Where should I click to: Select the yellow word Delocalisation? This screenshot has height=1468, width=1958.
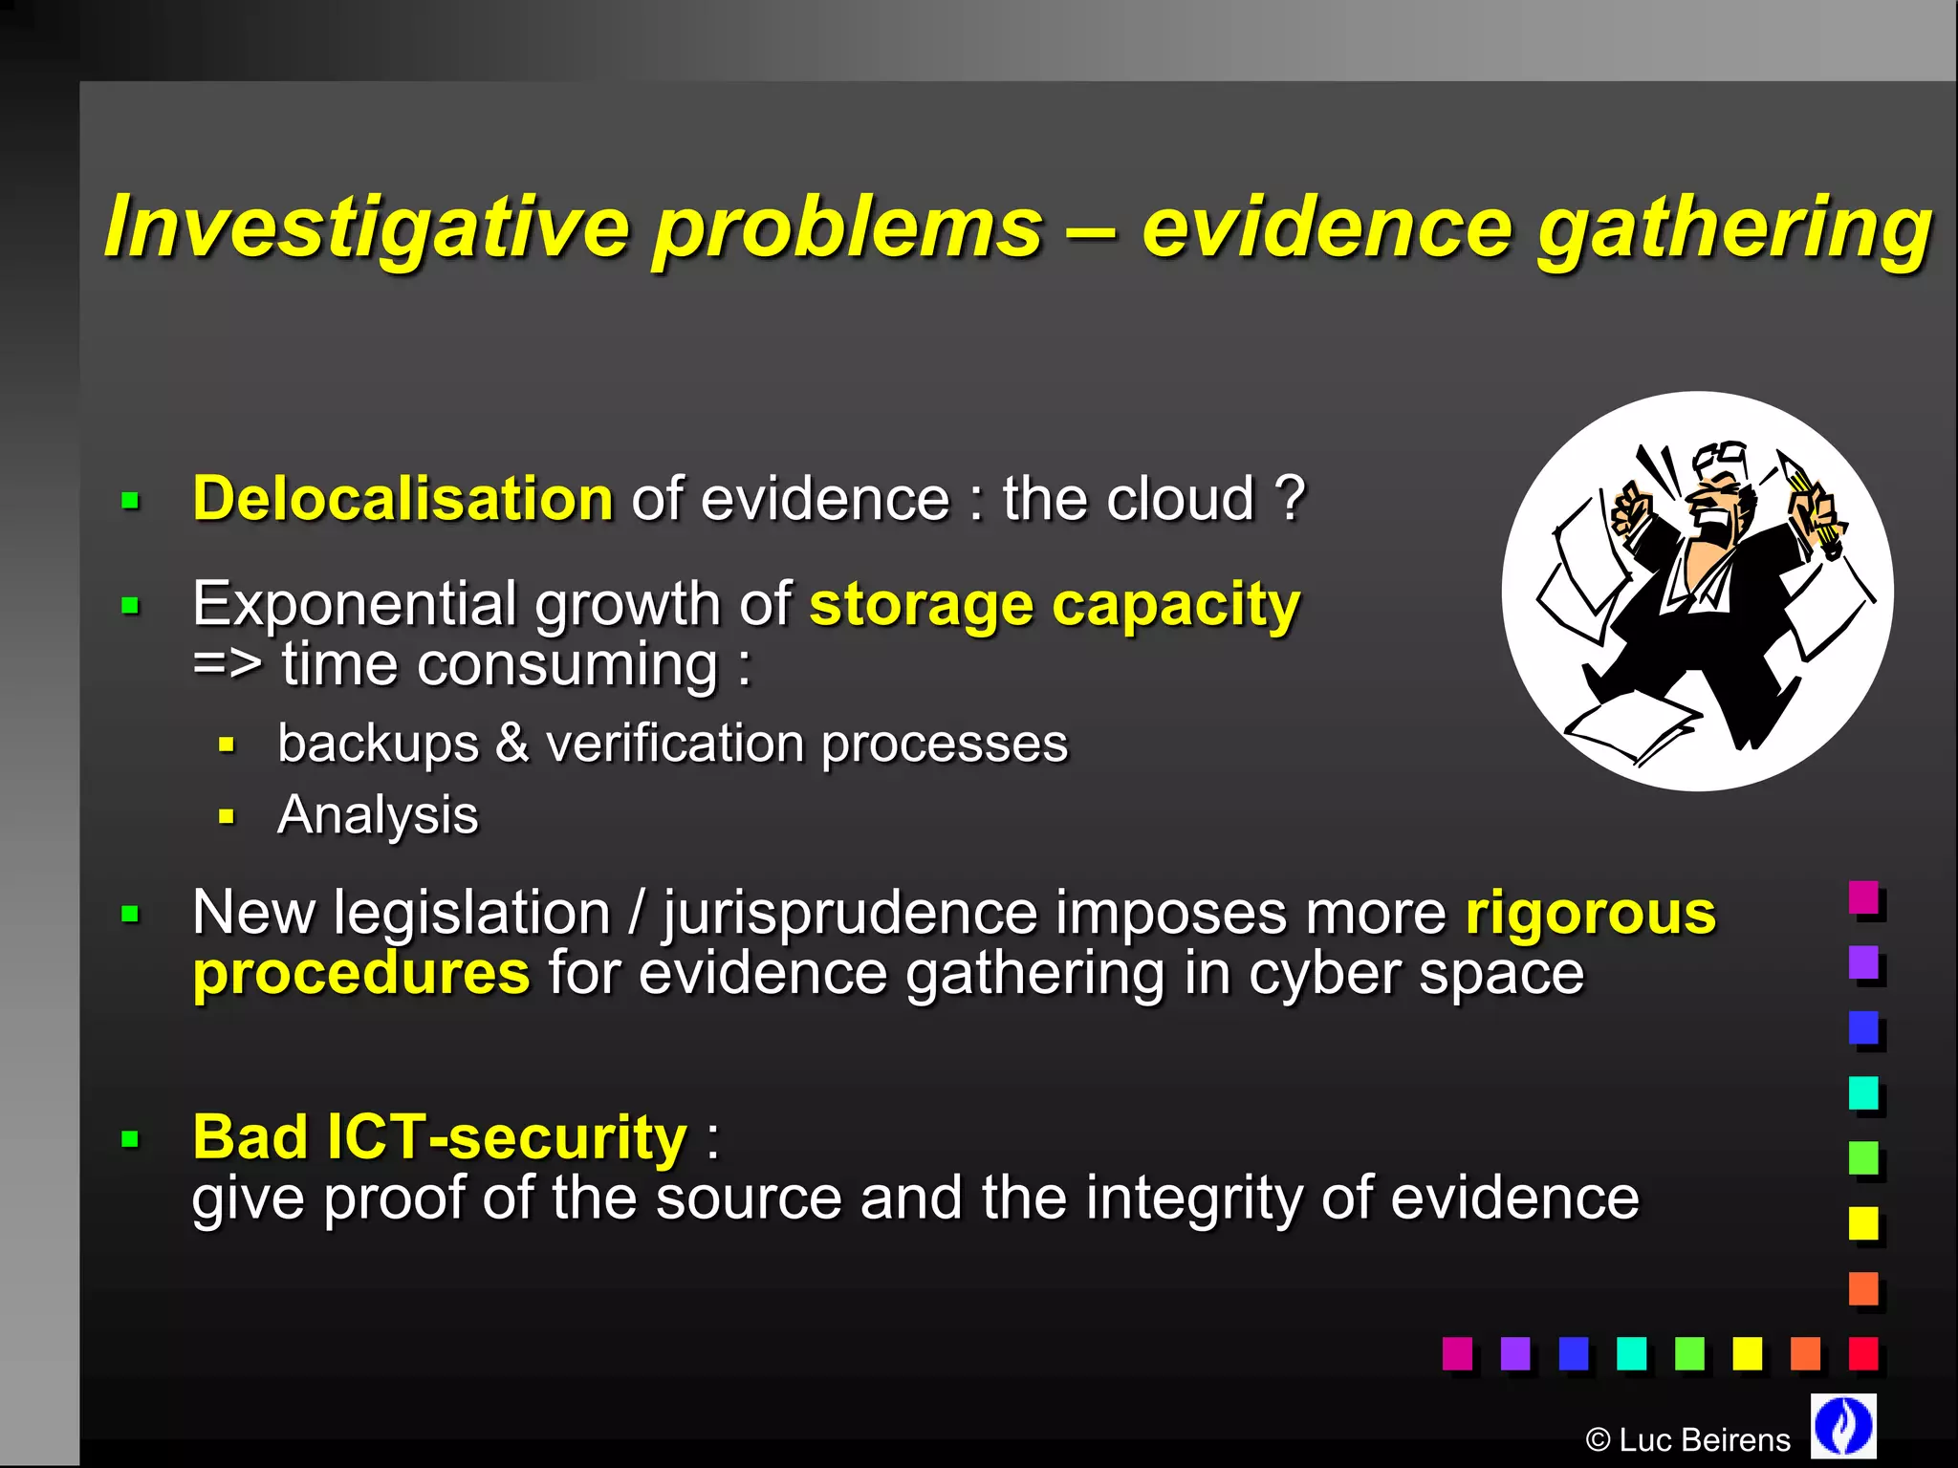[x=402, y=499]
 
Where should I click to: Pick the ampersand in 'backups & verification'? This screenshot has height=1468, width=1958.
[x=511, y=744]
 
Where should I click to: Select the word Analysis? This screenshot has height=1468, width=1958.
[x=378, y=815]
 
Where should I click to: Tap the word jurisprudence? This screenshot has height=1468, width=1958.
[x=850, y=913]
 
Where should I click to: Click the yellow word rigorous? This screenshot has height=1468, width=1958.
[x=1591, y=913]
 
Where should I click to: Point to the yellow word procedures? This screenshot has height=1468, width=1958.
[x=360, y=974]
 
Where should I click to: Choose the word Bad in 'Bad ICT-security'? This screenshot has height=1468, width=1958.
[x=250, y=1137]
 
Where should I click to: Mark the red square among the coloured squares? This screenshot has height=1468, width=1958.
[x=1863, y=1353]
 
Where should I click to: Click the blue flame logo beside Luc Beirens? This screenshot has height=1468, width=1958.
[x=1843, y=1425]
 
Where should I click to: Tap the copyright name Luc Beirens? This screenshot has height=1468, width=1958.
[x=1704, y=1440]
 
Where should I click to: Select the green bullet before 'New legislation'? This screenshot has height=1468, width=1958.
[x=131, y=915]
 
